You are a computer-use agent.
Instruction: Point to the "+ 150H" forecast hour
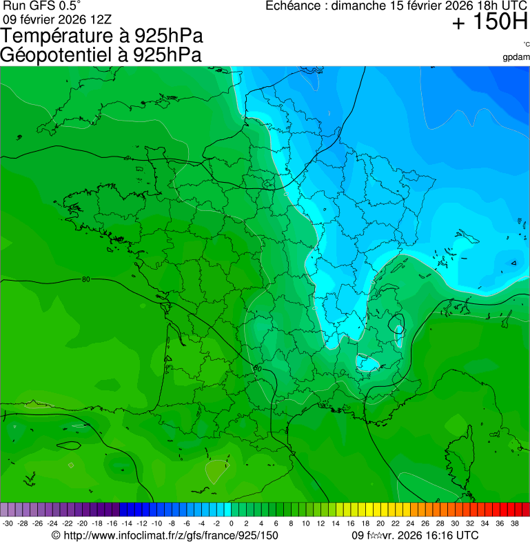[x=489, y=23]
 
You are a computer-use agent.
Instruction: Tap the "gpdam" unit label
[x=516, y=57]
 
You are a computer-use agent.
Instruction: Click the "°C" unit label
[x=526, y=45]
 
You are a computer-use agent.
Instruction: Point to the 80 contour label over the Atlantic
[x=85, y=279]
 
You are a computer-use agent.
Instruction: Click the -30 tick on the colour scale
[x=8, y=523]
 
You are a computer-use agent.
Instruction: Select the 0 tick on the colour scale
[x=231, y=523]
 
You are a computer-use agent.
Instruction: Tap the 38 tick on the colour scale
[x=514, y=523]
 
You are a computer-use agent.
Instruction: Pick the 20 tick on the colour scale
[x=380, y=523]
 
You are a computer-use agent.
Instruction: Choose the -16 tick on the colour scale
[x=112, y=523]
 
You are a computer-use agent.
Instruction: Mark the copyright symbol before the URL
[x=56, y=535]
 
